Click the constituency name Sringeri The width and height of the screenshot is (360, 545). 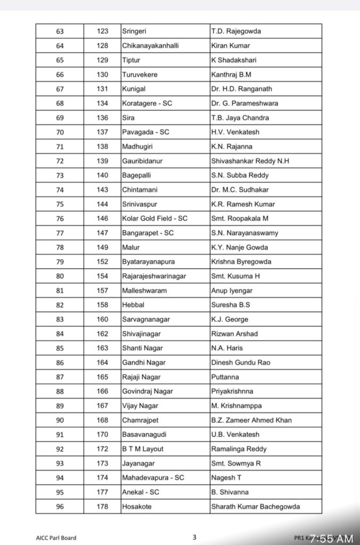[135, 31]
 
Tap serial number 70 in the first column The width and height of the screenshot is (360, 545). [60, 132]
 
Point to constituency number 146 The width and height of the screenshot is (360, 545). [102, 218]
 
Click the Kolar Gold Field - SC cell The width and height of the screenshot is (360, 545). [154, 218]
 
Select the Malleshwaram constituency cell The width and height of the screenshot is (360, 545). [144, 291]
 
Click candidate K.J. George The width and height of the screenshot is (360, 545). [230, 319]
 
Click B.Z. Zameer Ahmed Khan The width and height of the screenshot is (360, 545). [251, 420]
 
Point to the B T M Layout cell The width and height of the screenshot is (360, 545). [143, 449]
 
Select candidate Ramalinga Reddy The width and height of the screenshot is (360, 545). [239, 449]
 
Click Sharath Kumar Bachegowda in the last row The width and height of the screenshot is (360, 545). [256, 506]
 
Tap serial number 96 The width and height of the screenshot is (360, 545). [60, 506]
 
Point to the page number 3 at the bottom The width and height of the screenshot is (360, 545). [194, 537]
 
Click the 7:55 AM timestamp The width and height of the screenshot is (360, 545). [331, 539]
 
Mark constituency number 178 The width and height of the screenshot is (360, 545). [102, 506]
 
